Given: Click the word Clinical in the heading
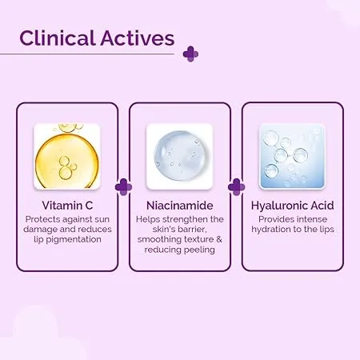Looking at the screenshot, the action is pos(58,38).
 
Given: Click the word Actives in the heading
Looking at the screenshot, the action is pos(138,38).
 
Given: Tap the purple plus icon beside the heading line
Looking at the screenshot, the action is pos(190,54).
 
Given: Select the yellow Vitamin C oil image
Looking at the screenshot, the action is pos(67,156).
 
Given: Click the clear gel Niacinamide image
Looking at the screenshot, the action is pos(180,156).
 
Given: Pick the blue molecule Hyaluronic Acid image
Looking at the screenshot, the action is pos(293,156).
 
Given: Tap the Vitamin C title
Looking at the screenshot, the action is pos(67,206).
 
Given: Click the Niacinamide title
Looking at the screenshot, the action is pos(180,206).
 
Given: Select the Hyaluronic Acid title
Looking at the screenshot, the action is pos(293,206).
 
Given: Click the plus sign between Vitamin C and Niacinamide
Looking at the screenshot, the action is pos(123,187).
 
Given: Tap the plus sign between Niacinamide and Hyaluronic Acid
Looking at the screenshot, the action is pos(236,187).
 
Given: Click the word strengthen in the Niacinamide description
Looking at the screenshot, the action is pos(185,219).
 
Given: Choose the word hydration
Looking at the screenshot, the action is pos(271,230).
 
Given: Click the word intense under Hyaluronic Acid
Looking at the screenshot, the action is pos(312,219).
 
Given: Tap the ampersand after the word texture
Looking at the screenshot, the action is pos(219,239).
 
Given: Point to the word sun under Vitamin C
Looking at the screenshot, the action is pos(102,220).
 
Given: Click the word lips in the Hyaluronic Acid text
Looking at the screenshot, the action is pos(326,230).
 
